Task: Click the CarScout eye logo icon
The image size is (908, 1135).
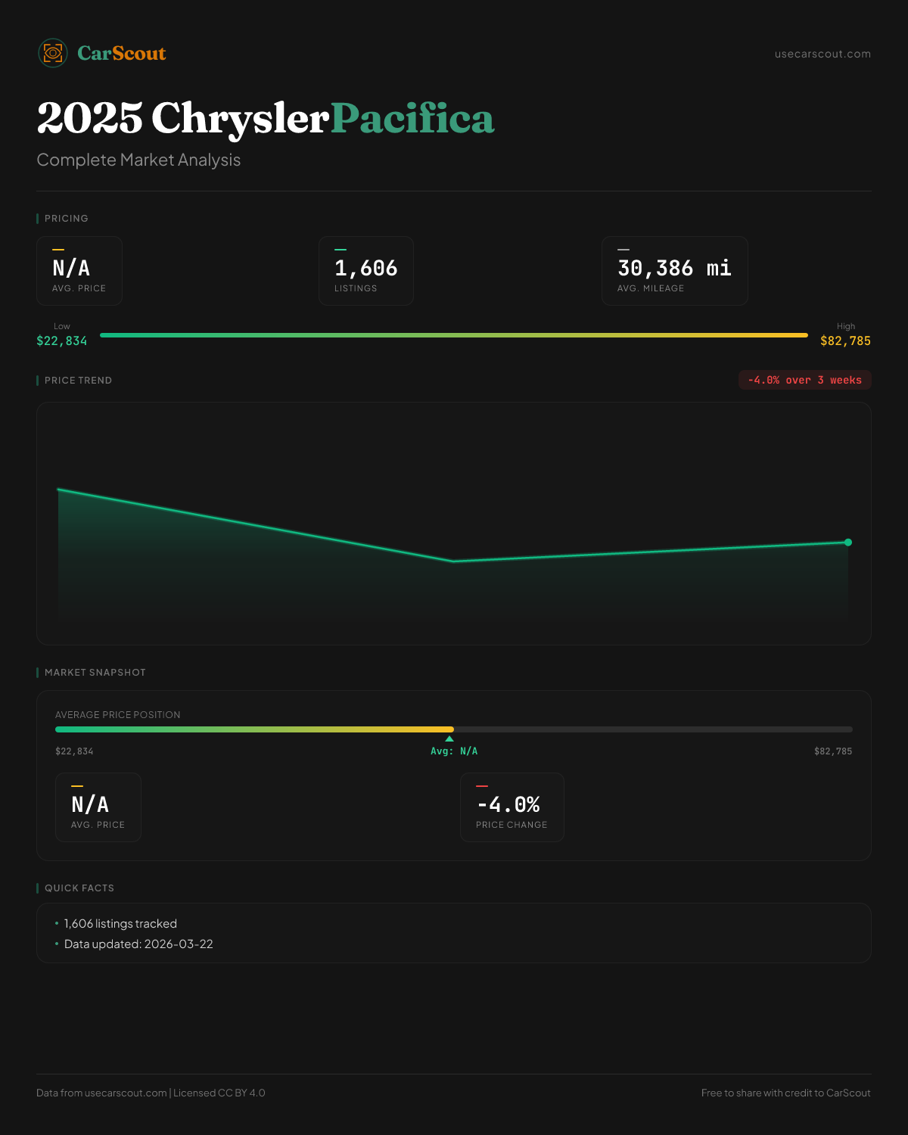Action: (53, 53)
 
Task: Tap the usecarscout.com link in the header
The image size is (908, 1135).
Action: (822, 54)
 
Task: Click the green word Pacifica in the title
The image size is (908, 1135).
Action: (412, 119)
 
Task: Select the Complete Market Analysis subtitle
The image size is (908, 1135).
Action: (138, 160)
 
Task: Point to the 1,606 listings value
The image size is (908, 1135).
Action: (365, 268)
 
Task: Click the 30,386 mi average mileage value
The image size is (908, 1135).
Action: (674, 268)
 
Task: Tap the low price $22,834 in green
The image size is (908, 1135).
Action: (62, 341)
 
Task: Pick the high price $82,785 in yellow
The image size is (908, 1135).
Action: (845, 341)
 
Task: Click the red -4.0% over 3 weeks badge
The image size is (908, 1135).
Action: (804, 380)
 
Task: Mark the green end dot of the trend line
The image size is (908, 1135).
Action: (848, 543)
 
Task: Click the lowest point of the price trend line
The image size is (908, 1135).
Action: (454, 561)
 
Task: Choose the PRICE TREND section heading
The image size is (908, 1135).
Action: (78, 381)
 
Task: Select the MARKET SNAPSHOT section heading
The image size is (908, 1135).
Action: (95, 673)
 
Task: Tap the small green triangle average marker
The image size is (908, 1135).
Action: (449, 739)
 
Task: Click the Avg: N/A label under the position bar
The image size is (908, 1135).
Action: (454, 751)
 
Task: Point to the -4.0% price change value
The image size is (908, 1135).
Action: (508, 804)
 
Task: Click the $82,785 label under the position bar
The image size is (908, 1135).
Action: (832, 751)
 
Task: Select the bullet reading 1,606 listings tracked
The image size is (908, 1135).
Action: (120, 924)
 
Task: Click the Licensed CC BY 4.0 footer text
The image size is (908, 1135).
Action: (219, 1093)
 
